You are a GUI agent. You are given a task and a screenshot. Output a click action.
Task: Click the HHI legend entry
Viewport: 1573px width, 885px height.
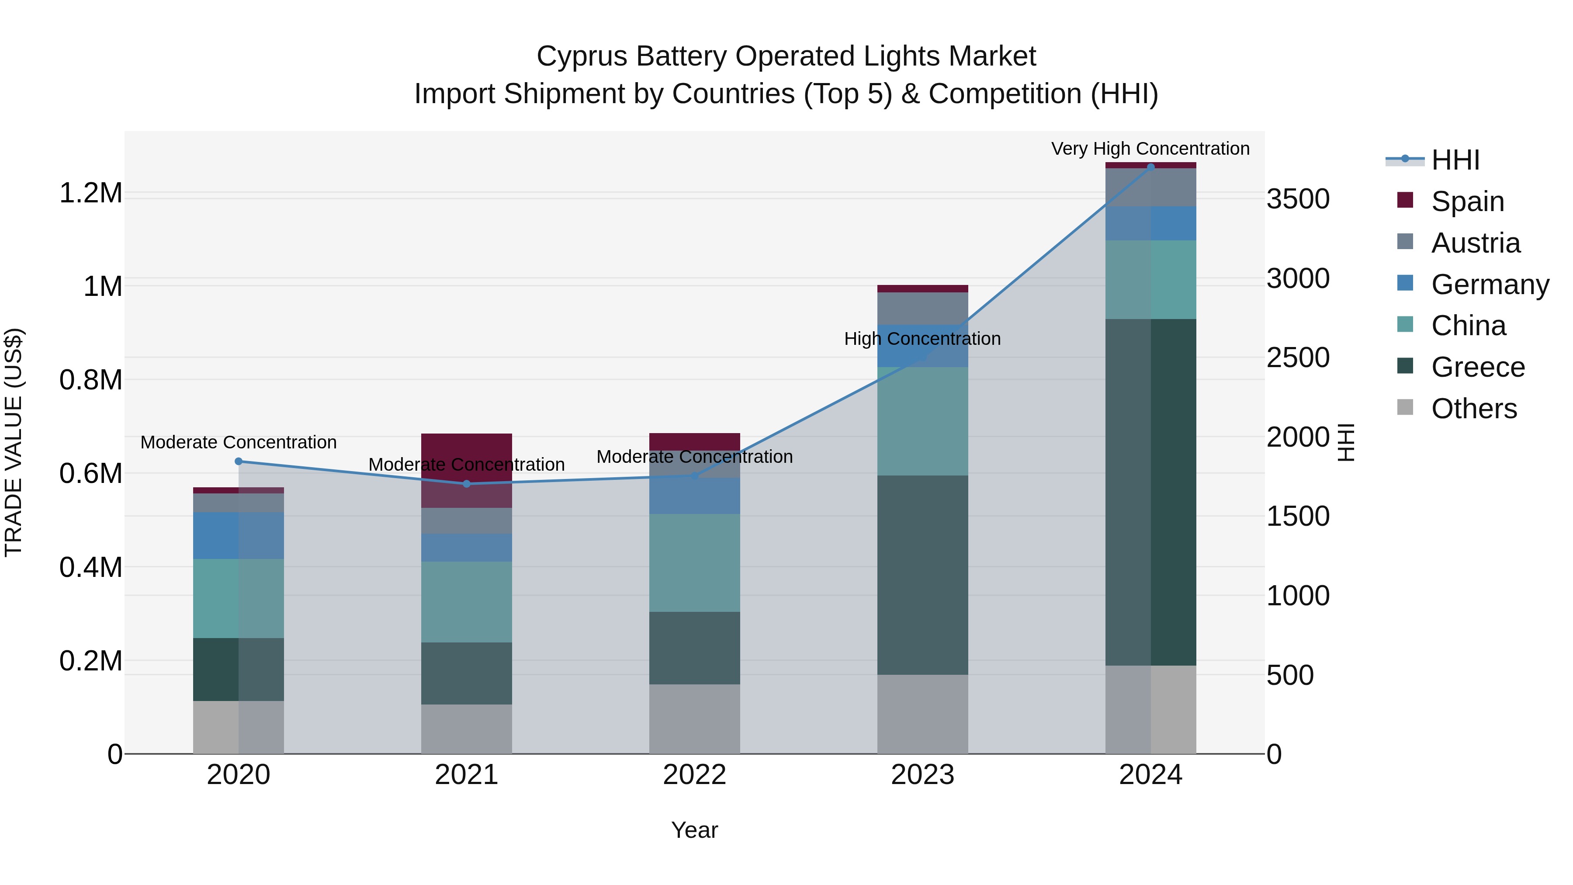[x=1455, y=160]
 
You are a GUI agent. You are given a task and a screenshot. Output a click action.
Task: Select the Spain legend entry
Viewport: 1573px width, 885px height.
[x=1467, y=201]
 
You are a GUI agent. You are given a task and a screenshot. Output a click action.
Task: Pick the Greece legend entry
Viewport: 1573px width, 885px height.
[x=1478, y=367]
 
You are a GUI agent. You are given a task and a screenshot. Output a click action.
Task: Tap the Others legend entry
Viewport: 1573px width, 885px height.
[x=1473, y=409]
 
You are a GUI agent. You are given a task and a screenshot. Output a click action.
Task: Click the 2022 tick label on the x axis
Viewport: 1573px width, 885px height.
[x=694, y=775]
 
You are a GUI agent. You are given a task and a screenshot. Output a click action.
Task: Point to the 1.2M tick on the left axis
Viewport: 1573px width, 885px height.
[x=90, y=193]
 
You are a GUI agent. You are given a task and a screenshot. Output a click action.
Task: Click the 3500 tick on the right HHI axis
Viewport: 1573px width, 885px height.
[x=1298, y=199]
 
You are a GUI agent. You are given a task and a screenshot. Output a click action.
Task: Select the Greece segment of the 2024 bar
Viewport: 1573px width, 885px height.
[x=1150, y=492]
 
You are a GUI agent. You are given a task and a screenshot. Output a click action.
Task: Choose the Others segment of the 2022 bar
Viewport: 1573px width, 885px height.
[x=694, y=719]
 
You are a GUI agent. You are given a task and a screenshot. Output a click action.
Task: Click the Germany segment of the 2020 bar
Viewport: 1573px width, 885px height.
[x=238, y=536]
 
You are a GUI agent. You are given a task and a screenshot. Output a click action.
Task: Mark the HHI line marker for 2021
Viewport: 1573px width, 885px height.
[x=467, y=484]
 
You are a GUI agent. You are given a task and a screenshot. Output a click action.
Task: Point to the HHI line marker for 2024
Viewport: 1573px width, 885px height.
[x=1150, y=167]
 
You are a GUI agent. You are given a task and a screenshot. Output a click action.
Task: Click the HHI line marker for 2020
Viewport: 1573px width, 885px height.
[x=239, y=461]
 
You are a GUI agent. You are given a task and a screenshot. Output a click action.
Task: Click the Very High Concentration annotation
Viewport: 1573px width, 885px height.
[x=1150, y=149]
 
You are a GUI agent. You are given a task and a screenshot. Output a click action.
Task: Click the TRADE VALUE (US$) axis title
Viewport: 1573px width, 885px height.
[x=14, y=442]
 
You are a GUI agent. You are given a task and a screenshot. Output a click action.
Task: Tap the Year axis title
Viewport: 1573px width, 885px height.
[x=694, y=830]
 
